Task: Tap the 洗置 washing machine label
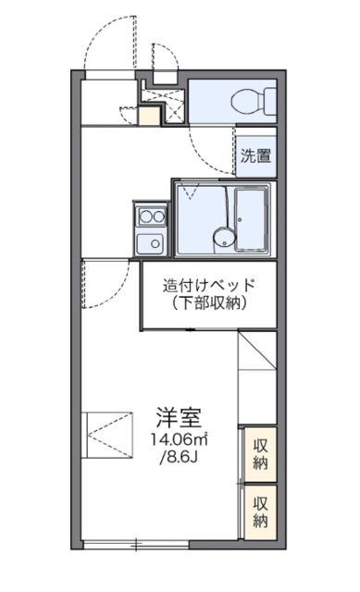256,156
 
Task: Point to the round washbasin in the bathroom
221,236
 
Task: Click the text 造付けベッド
208,286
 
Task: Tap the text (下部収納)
208,303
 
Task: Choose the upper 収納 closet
261,453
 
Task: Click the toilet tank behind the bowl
269,99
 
